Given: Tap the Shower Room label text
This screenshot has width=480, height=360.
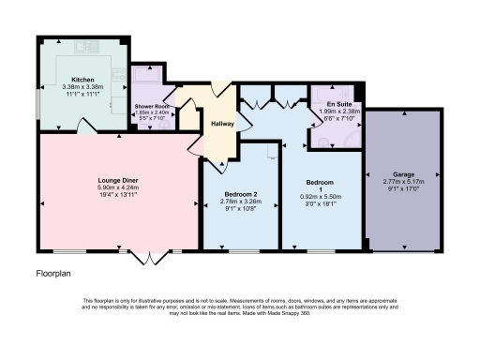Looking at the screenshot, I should pyautogui.click(x=147, y=106).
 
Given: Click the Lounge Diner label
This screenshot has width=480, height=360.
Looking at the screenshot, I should pyautogui.click(x=118, y=177).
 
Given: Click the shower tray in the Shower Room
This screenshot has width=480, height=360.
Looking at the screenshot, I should pyautogui.click(x=146, y=79).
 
